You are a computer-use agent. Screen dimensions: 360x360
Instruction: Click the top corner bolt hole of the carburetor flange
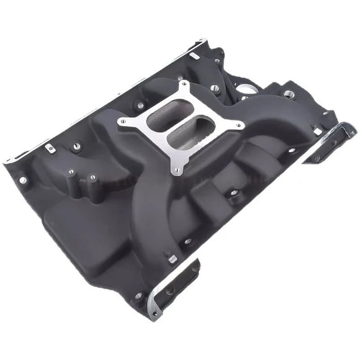tap(183, 84)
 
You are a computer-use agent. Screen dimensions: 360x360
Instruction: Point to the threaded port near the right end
tap(289, 94)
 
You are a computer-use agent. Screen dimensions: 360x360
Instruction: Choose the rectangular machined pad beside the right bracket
tap(317, 131)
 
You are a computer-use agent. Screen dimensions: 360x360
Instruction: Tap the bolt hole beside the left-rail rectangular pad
tap(76, 147)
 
